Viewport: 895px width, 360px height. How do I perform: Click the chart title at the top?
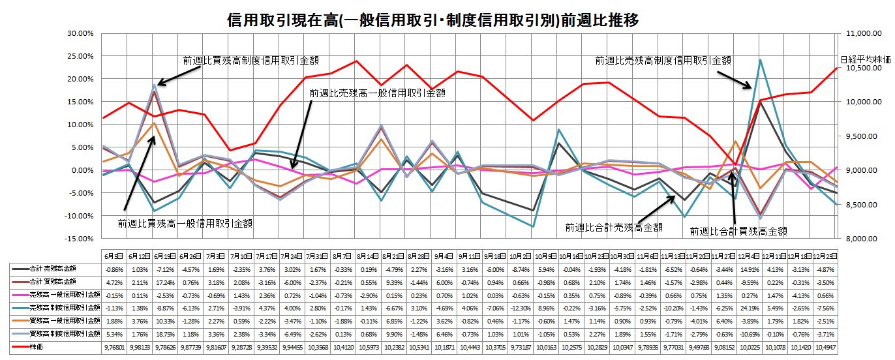point(432,20)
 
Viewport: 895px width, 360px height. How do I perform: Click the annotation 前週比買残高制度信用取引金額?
point(251,60)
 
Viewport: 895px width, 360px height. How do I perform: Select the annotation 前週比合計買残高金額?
point(738,231)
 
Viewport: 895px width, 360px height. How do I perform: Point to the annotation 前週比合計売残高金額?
point(614,228)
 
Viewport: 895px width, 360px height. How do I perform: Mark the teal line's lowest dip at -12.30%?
point(534,226)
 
